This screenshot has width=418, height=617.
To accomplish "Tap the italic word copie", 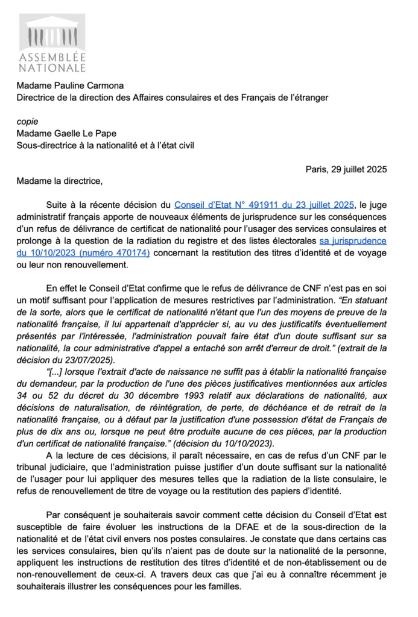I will coord(27,121).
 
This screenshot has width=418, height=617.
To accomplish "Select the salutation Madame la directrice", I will coord(60,181).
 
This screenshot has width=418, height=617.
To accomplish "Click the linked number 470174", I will coord(127,253).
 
